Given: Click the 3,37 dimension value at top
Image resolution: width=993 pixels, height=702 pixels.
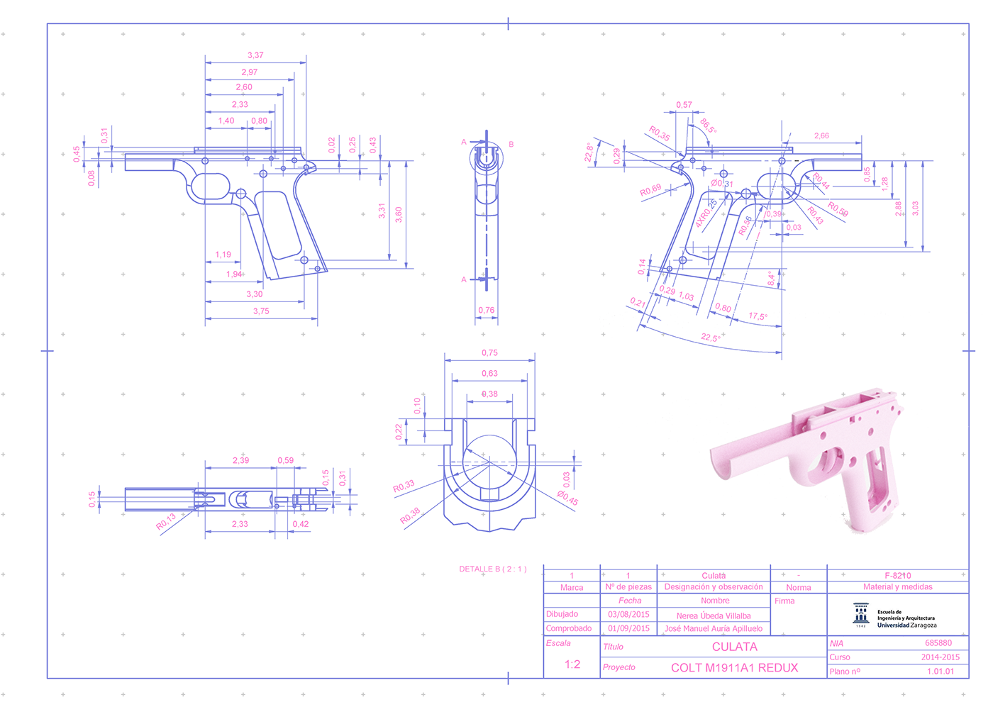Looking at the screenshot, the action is coord(255,55).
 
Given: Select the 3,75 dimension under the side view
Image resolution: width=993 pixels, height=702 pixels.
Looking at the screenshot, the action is coord(261,311).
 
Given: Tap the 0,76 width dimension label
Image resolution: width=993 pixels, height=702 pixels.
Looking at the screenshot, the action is coord(486,310).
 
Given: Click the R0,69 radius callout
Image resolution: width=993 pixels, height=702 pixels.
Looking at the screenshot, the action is coord(650,191).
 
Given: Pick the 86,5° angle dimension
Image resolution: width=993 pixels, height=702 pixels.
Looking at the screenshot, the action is coord(708,126).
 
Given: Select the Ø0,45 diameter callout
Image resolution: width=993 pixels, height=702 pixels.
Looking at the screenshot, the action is coord(567,498).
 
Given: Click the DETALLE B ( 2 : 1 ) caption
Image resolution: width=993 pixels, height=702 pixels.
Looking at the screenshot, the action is coord(492,569).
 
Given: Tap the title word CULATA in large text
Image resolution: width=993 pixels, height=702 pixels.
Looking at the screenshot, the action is coord(735,647).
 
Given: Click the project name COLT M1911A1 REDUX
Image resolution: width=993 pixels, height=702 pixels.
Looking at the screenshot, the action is coord(734,667).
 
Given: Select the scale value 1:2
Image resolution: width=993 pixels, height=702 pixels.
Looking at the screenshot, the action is coord(572,664).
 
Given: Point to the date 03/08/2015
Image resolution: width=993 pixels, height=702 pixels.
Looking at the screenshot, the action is coord(628,615).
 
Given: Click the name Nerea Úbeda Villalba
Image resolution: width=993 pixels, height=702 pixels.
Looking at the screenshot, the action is coord(713,615).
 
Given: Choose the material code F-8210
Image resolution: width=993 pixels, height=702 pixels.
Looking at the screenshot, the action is coord(897,575).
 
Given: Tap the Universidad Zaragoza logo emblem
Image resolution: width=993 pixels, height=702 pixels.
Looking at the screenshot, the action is coord(861,615).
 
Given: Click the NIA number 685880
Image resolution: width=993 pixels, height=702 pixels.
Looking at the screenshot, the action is coord(938,643).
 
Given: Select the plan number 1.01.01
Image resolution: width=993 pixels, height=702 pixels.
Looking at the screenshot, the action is coord(941,671).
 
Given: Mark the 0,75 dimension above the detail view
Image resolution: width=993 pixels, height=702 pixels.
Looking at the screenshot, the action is coord(489,352).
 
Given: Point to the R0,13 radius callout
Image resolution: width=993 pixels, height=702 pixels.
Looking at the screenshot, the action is coord(165,522).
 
